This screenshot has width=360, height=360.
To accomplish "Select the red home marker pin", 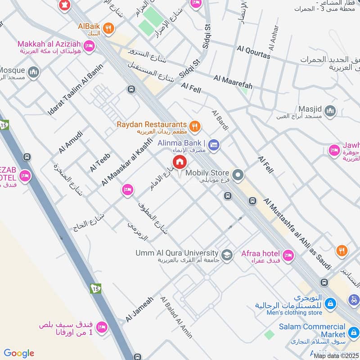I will [x=179, y=162].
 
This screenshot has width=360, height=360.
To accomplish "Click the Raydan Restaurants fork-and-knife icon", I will [x=194, y=126].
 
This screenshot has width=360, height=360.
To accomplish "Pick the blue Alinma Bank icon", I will [x=214, y=144].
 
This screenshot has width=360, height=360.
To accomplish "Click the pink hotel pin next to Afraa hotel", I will [x=288, y=255].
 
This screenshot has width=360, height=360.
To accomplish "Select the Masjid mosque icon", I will [x=330, y=111].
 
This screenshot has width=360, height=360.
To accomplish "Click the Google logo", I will [x=19, y=353].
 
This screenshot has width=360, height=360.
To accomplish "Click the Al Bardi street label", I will [x=220, y=120].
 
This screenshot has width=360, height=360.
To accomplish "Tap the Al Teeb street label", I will [x=100, y=162].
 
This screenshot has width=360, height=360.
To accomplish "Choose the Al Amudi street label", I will [x=71, y=142].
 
